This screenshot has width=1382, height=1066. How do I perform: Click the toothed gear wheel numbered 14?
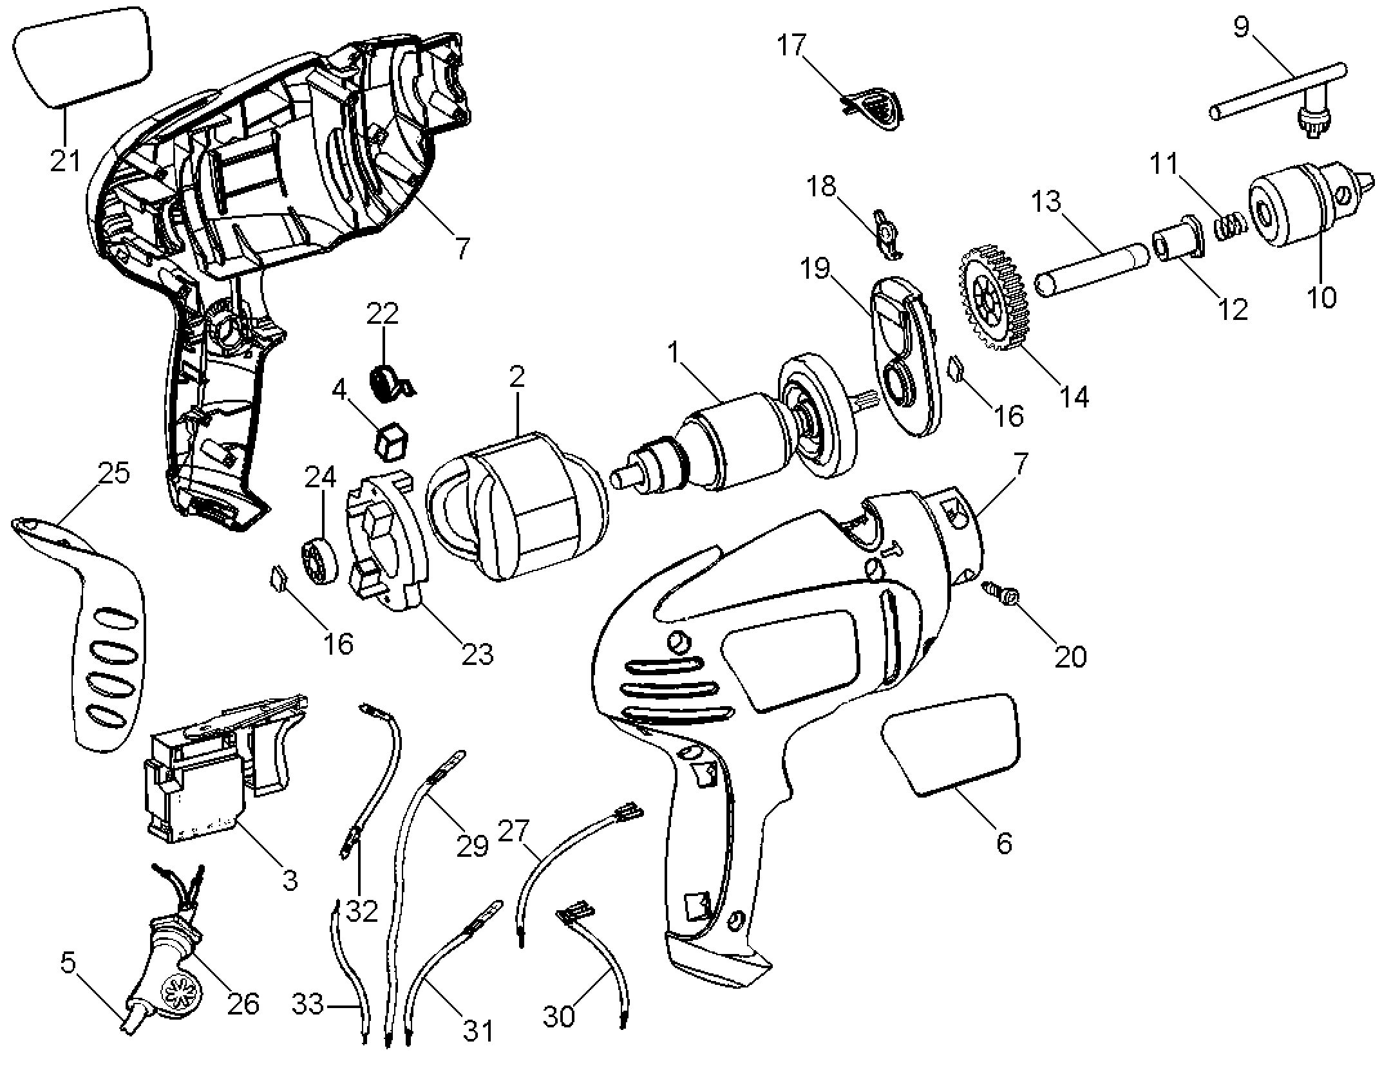click(995, 297)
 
